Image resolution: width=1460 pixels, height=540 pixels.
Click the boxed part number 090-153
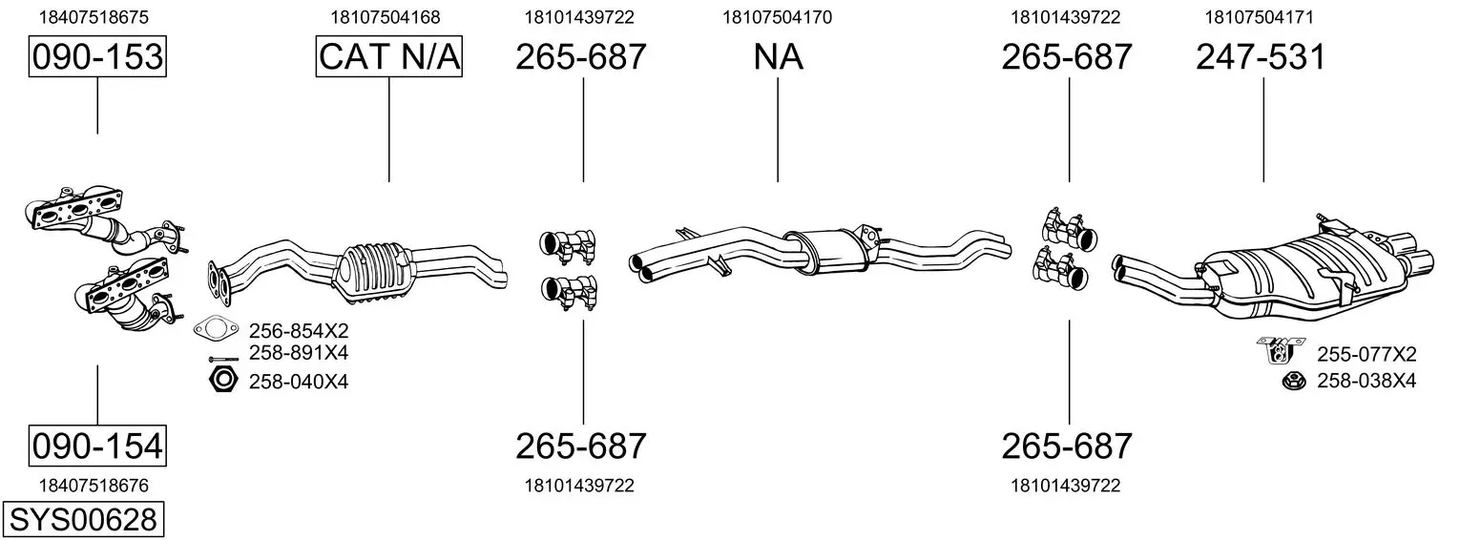coord(97,56)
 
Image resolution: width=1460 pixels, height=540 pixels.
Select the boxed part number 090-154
coord(97,446)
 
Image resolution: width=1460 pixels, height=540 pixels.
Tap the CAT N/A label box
coord(389,56)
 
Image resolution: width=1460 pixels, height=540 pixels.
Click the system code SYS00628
coord(83,519)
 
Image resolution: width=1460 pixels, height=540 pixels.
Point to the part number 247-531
coord(1261,57)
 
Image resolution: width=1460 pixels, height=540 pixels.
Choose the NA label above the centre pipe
coord(779,57)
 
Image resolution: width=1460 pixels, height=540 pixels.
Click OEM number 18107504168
coord(386,17)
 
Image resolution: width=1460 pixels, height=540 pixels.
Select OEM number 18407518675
coord(94,17)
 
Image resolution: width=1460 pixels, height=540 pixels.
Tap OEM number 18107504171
coord(1259,17)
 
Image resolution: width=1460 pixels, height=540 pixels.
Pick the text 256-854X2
coord(299,330)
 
